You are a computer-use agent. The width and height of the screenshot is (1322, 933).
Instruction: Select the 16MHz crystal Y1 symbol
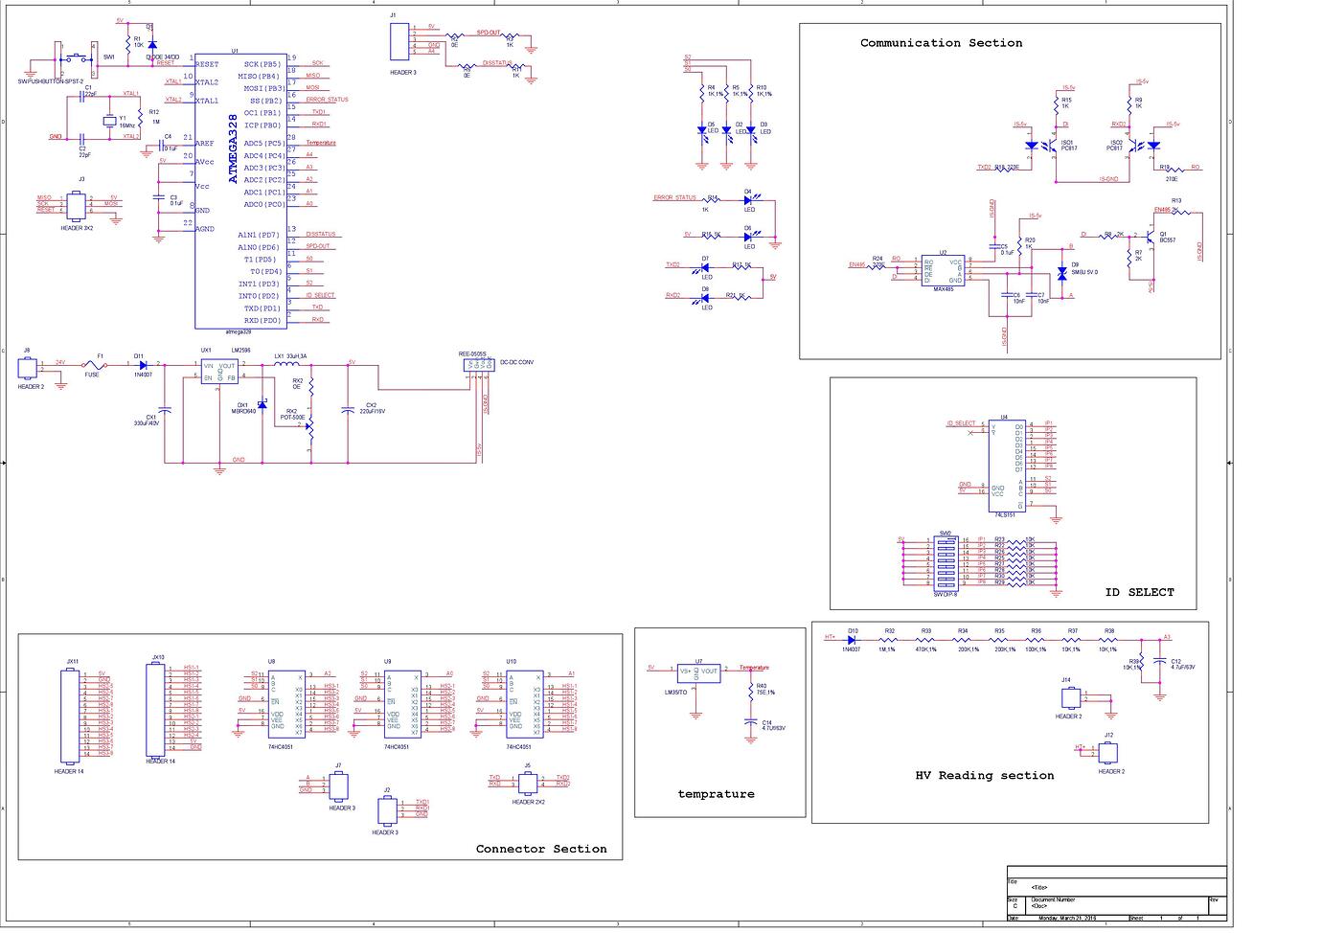coord(109,119)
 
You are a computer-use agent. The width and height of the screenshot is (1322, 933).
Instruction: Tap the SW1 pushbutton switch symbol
coord(80,59)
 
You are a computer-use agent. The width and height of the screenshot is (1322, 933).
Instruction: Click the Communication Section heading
coord(941,43)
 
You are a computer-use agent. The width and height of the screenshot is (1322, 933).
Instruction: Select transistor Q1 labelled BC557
coord(1149,236)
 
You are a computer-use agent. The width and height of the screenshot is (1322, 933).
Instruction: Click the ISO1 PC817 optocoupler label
coord(1067,146)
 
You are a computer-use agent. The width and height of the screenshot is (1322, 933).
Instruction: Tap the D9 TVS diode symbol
coord(1061,274)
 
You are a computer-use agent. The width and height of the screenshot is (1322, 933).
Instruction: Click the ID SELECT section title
coord(1139,592)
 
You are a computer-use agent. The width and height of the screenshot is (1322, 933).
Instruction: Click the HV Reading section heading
coord(984,775)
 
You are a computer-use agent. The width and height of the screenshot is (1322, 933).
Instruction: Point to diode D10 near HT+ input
coord(852,639)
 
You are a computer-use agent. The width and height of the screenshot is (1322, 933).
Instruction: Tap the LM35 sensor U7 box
coord(698,672)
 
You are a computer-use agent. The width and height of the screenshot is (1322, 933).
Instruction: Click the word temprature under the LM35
coord(716,794)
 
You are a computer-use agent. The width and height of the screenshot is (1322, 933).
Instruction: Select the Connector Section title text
coord(541,849)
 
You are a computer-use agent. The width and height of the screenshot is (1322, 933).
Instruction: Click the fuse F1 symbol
coord(93,364)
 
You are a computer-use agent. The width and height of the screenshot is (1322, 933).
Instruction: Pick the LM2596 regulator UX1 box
coord(218,372)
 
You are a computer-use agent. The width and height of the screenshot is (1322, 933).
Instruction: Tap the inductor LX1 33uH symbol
coord(285,364)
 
